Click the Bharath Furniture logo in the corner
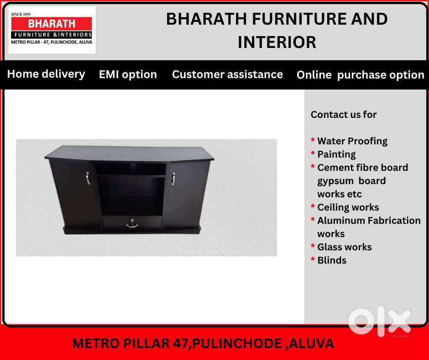tap(52, 30)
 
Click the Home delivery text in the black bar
tap(46, 74)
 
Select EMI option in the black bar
tap(128, 74)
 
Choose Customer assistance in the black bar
tap(227, 74)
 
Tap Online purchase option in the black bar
tap(360, 75)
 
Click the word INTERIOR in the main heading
tap(277, 42)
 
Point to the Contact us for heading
tap(343, 115)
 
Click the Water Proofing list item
tap(352, 141)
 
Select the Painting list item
tap(336, 154)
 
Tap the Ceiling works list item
tap(348, 207)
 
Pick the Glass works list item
tap(344, 247)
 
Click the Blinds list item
tap(332, 260)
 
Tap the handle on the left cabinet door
tap(88, 178)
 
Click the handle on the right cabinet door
tap(173, 178)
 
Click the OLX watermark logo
tap(379, 321)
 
